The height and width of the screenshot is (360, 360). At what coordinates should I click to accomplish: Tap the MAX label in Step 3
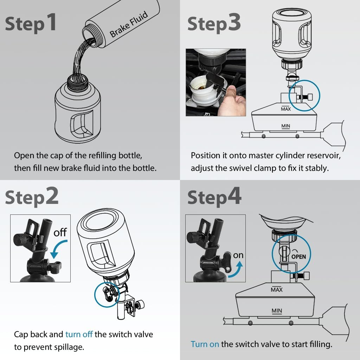tap(285, 109)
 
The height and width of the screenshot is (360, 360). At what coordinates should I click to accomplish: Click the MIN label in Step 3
tap(285, 126)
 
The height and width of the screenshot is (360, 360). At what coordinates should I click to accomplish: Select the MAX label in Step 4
tap(277, 290)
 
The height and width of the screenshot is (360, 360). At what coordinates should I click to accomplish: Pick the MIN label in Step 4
tap(277, 311)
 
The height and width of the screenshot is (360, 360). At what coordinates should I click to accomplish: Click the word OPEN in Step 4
tap(298, 257)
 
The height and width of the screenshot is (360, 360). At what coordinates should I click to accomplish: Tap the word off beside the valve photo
tap(60, 233)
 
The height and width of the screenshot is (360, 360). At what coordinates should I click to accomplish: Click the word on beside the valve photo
tap(238, 255)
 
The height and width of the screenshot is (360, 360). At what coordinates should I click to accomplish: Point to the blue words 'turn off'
tap(79, 334)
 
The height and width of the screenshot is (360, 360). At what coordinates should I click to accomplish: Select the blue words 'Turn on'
tap(205, 344)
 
